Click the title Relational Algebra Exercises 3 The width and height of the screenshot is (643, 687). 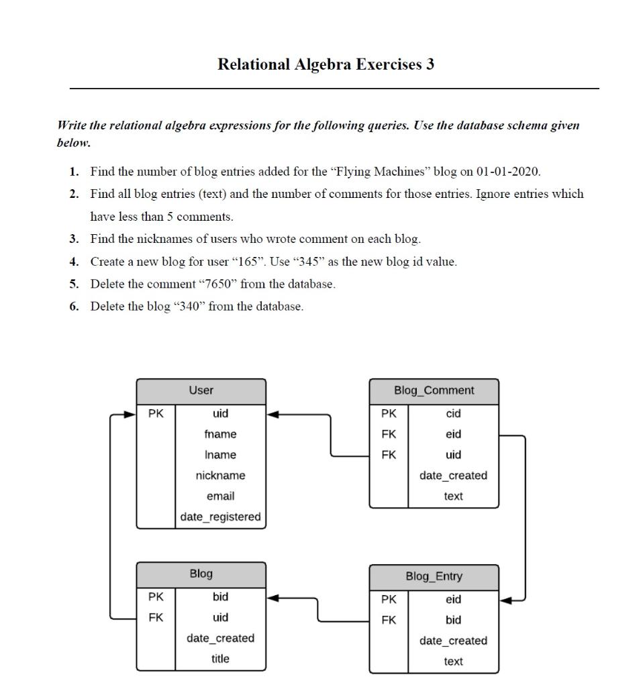coord(326,64)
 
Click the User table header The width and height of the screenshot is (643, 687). coord(201,390)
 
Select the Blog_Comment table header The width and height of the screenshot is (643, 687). coord(434,390)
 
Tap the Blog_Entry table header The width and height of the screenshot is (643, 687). coord(434,576)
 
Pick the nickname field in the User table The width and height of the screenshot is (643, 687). coord(220,476)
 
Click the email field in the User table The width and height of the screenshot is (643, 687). coord(220,496)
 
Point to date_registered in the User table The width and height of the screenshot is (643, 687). coord(220,517)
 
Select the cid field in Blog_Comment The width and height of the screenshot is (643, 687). coord(453,414)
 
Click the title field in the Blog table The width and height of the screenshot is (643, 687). coord(220,659)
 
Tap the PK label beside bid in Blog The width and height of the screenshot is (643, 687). coord(156,596)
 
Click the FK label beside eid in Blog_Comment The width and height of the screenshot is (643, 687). coord(389,434)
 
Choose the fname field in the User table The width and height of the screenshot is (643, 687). coord(220,434)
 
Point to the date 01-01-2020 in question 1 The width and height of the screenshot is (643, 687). coord(507,172)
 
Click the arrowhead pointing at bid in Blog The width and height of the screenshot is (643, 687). coord(272,596)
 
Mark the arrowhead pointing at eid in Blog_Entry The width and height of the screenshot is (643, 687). coord(505,599)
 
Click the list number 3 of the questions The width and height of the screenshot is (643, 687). coord(74,239)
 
